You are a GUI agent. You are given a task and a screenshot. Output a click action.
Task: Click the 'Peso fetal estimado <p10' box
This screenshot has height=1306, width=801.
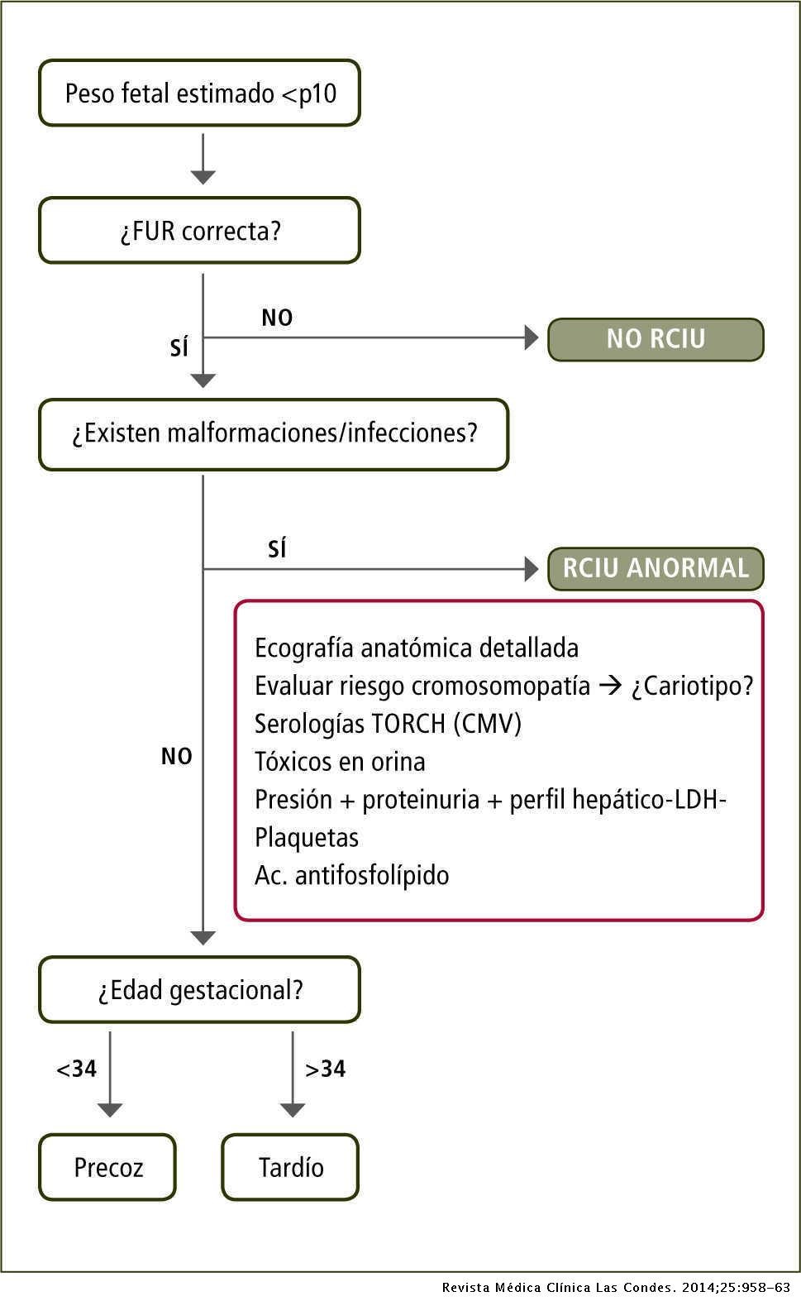(x=199, y=93)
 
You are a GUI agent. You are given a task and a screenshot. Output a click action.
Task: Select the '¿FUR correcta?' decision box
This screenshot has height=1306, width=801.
(x=199, y=230)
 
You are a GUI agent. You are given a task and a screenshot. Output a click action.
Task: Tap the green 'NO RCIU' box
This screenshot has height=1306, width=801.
(x=656, y=339)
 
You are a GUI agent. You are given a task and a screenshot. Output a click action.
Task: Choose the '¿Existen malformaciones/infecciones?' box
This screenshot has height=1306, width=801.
(x=274, y=433)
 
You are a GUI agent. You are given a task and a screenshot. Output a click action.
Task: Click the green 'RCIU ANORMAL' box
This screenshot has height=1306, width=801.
(x=656, y=568)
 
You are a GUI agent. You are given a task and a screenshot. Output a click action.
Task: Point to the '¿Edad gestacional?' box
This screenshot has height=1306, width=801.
(x=199, y=989)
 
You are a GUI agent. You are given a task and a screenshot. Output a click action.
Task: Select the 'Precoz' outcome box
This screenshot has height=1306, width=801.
(x=107, y=1167)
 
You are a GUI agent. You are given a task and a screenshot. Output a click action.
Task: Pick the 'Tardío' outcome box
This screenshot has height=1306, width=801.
(x=290, y=1167)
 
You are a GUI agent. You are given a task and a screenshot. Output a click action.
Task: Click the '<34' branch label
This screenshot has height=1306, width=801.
(x=76, y=1069)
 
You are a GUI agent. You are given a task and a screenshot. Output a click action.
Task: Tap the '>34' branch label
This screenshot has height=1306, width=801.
(x=325, y=1069)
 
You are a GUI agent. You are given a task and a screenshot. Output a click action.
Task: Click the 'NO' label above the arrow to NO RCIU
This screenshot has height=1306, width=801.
(x=277, y=318)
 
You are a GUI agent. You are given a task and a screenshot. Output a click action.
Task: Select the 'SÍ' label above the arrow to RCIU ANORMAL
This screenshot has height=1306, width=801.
(x=277, y=549)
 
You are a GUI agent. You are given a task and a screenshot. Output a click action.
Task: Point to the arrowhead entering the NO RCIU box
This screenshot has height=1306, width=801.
(x=532, y=337)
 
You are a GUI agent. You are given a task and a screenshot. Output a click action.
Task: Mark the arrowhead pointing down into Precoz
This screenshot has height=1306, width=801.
(x=110, y=1109)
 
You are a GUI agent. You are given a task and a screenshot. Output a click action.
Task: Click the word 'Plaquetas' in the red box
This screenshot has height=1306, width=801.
(x=307, y=837)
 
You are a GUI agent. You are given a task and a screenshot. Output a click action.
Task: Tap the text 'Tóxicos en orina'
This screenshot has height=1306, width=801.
(x=340, y=761)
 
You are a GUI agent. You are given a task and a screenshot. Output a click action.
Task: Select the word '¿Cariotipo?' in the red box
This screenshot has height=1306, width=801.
(x=692, y=686)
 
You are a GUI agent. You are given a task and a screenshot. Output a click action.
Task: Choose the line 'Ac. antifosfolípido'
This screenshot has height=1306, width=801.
(x=351, y=875)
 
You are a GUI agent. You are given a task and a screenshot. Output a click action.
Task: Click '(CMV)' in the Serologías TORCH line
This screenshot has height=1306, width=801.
(x=488, y=724)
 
